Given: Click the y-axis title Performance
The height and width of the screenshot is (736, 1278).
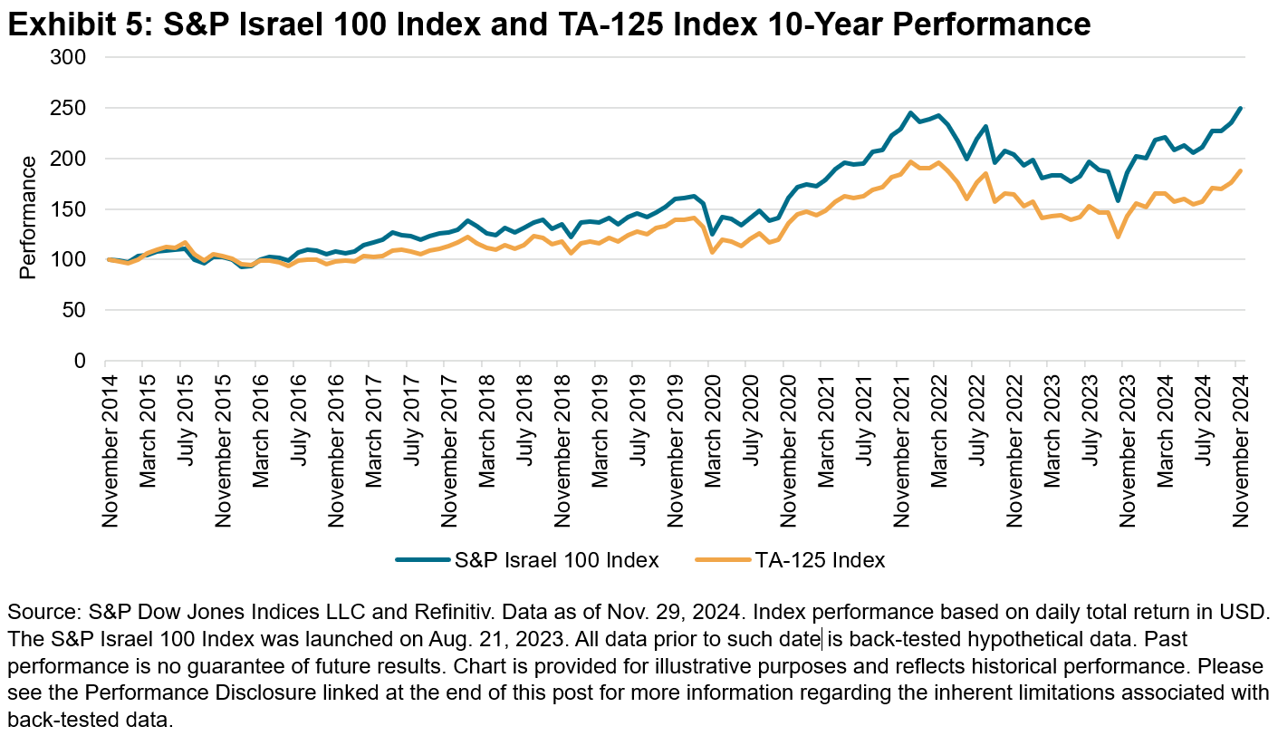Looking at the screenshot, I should click(28, 218).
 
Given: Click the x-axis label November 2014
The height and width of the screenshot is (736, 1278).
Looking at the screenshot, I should click(110, 450).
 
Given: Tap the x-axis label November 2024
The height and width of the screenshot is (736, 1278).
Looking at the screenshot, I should click(1239, 450).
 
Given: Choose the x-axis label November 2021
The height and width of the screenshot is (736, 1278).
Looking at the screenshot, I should click(900, 450).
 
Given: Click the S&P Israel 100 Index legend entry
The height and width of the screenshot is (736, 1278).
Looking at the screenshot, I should click(527, 560).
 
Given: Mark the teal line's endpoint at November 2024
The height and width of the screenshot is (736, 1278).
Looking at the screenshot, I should click(1240, 108).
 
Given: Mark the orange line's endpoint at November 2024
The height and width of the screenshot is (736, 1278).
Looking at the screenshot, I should click(1240, 170).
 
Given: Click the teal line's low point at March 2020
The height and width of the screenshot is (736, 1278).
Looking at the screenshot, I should click(712, 234).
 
